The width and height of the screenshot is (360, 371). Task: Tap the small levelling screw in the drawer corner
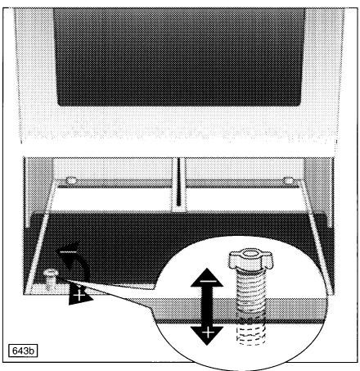pos(51,278)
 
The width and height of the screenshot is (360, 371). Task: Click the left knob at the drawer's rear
pos(71,179)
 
